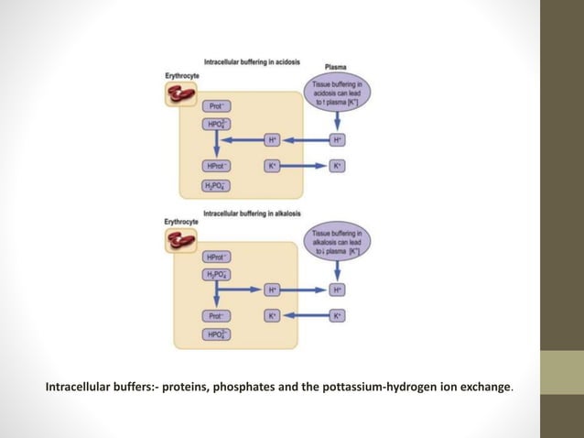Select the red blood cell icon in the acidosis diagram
182,93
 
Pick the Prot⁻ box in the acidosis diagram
217,106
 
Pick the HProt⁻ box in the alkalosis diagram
217,257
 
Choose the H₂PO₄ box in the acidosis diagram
217,186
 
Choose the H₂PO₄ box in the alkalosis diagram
217,274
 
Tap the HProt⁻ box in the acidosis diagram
217,166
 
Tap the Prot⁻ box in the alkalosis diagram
217,315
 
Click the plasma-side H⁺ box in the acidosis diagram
337,140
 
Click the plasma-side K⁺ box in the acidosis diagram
337,166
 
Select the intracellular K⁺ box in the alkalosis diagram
272,315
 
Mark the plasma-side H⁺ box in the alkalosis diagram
337,290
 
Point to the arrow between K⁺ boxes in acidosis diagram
304,166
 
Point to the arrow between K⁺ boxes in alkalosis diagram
304,315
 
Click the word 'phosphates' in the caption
246,387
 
